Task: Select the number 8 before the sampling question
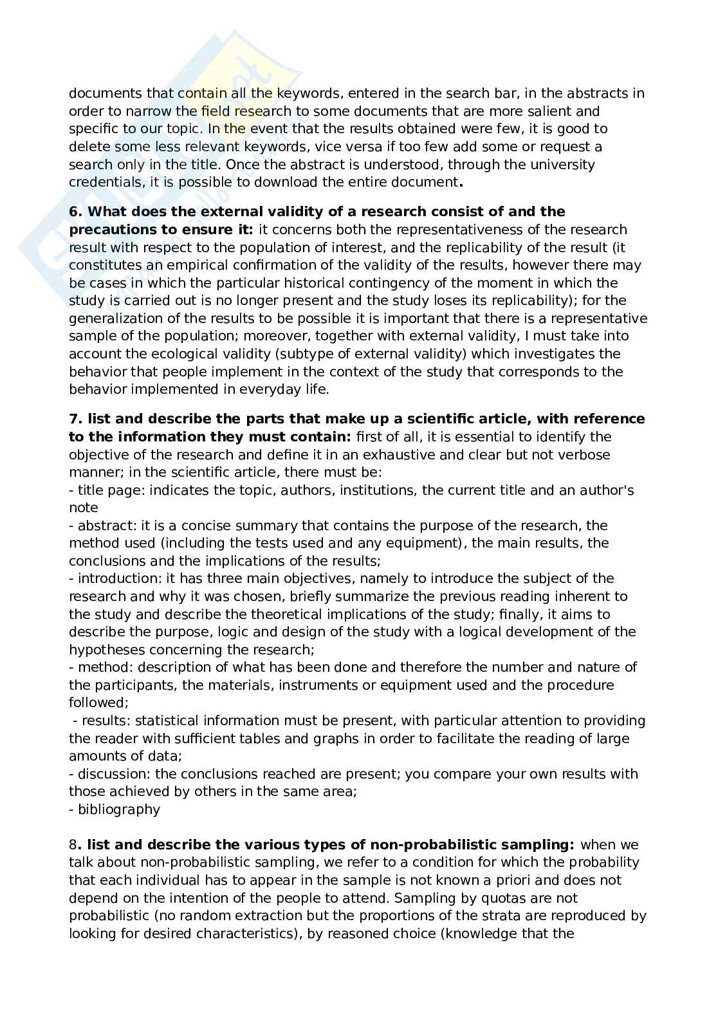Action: [73, 844]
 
